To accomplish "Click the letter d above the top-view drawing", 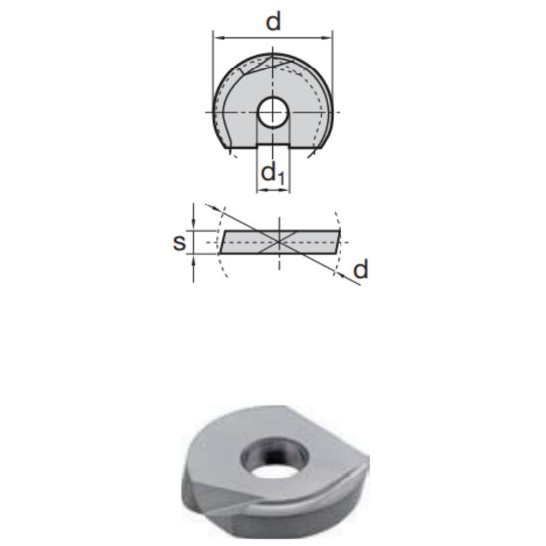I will click(272, 20).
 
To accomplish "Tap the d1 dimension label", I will click(273, 175).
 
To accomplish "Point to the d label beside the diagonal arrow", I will click(361, 269).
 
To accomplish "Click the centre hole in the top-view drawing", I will click(272, 112).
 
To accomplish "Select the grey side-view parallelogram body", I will click(248, 240).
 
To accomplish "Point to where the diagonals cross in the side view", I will click(281, 240).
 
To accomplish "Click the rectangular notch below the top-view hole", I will click(272, 141).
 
